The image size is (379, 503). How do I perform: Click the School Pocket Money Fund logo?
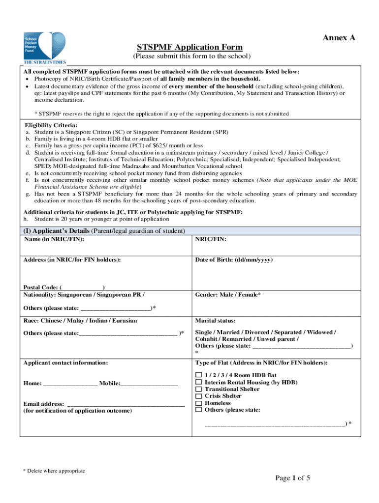(44, 48)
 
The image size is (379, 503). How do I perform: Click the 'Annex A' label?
(339, 38)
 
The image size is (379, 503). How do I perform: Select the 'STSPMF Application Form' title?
(189, 47)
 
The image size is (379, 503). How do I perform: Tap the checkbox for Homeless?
(199, 403)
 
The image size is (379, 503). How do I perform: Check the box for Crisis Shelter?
(199, 396)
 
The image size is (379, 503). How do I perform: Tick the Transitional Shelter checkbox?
(199, 389)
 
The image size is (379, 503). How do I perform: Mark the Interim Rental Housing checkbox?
(199, 382)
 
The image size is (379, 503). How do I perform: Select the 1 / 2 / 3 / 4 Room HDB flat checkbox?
(199, 375)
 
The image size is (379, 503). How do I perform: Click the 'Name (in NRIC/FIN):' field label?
(54, 239)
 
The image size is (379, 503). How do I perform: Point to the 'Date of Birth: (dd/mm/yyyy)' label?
(234, 260)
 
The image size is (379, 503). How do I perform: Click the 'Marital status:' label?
(215, 321)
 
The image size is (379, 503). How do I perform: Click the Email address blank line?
(126, 404)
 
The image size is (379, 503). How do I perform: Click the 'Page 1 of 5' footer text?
(292, 478)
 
